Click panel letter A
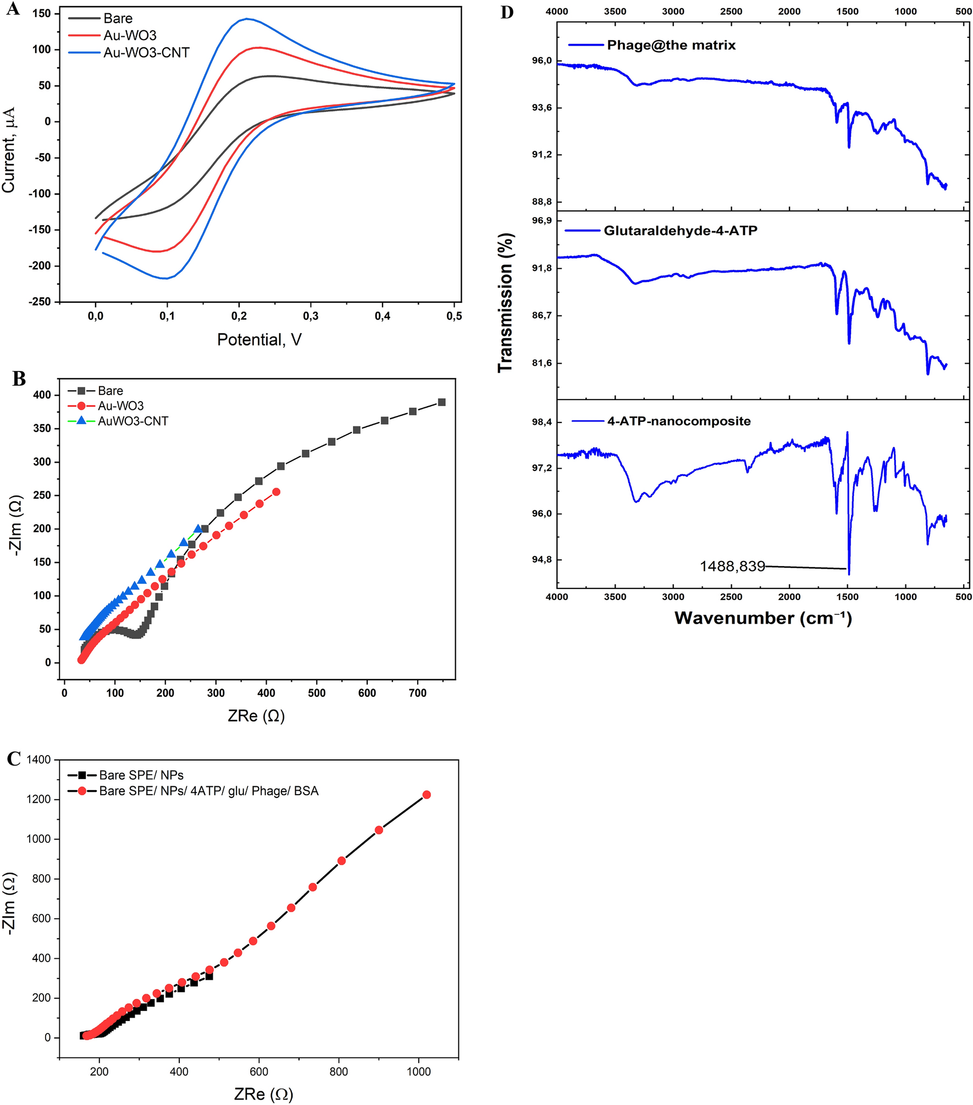13,9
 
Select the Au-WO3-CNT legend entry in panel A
146,53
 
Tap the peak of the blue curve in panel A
247,19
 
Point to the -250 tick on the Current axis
41,302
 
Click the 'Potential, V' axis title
259,340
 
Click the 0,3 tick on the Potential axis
311,316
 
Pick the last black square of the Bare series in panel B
441,402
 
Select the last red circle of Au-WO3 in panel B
277,492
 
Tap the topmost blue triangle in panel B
198,529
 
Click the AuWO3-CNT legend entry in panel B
132,421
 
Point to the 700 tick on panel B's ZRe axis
417,693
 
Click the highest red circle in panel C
426,795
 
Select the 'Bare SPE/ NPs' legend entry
141,775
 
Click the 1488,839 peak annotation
732,566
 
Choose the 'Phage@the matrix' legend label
671,45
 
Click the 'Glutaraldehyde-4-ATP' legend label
680,231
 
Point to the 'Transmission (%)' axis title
506,302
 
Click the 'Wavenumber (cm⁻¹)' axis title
763,618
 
